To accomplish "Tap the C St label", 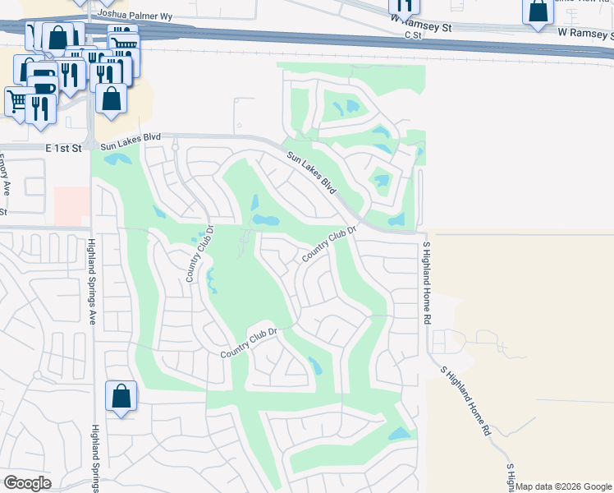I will [411, 35].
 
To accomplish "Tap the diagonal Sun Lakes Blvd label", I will [312, 172].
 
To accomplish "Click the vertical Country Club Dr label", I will [199, 255].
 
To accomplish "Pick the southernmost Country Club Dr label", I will [250, 343].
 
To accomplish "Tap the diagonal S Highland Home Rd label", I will [465, 400].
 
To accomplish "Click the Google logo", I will [27, 483].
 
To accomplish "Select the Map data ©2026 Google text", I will [562, 486].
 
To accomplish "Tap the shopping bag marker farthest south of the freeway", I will [121, 396].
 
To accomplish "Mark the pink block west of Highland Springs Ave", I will [71, 205].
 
